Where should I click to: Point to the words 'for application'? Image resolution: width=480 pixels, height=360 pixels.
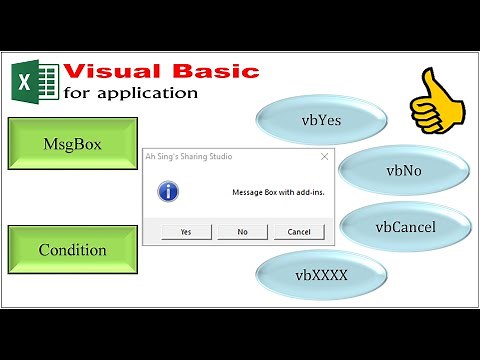(130, 93)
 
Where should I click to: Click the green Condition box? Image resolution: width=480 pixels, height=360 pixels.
(71, 249)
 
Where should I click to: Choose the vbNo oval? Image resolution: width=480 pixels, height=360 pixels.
(403, 171)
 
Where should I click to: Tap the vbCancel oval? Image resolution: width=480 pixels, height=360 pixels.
(405, 227)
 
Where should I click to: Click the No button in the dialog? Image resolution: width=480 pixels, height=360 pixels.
(243, 231)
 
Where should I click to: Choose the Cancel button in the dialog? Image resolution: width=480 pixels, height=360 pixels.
(299, 231)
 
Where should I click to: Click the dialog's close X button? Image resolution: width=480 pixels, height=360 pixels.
(324, 157)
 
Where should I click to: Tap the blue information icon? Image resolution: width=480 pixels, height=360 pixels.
(170, 190)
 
